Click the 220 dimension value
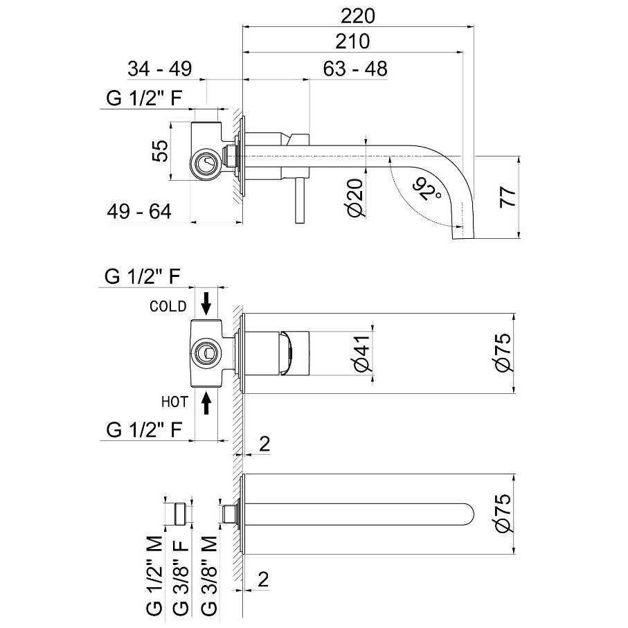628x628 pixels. pyautogui.click(x=358, y=16)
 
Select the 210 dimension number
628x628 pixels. pyautogui.click(x=352, y=42)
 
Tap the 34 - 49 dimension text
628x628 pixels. pyautogui.click(x=160, y=69)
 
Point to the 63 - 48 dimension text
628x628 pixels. pyautogui.click(x=355, y=69)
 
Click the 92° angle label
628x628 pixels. pyautogui.click(x=426, y=188)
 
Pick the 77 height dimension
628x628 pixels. pyautogui.click(x=508, y=197)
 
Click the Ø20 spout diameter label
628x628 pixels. pyautogui.click(x=355, y=198)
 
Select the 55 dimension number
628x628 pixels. pyautogui.click(x=160, y=150)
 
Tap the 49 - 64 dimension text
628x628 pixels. pyautogui.click(x=139, y=211)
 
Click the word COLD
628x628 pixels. pyautogui.click(x=168, y=307)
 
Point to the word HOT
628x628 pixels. pyautogui.click(x=174, y=402)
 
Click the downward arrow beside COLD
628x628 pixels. pyautogui.click(x=206, y=303)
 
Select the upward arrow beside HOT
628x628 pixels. pyautogui.click(x=206, y=403)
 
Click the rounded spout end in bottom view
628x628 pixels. pyautogui.click(x=469, y=514)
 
